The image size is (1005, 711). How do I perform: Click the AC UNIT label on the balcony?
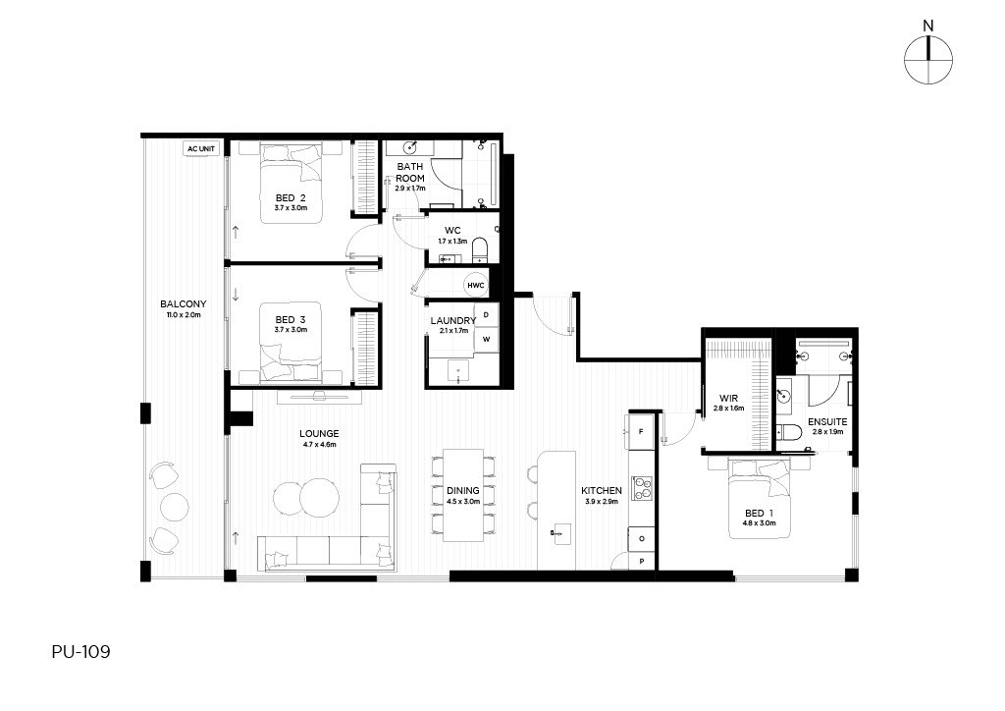coord(201,148)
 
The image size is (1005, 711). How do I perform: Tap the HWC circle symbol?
coord(476,286)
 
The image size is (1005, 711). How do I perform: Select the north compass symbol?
coord(928,59)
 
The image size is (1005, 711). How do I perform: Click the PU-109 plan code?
coord(80,652)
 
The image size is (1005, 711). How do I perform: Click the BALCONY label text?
coord(184,303)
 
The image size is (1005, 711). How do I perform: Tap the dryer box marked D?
coord(487,315)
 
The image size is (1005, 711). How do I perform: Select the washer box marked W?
coord(487,339)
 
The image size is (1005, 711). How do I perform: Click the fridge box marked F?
coord(641,432)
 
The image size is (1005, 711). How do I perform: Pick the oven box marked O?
coord(642,538)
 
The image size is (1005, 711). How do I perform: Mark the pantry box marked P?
coord(642,561)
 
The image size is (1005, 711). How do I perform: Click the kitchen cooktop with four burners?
coord(642,488)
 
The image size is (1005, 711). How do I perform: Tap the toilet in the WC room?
coord(479,250)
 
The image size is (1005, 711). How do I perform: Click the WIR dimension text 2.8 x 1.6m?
coord(729,408)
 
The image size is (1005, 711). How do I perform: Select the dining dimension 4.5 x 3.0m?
coord(463,502)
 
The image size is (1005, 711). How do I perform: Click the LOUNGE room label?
coord(319,434)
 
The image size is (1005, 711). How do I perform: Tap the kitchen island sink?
coord(561,533)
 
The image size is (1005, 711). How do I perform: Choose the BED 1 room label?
coord(760,513)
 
